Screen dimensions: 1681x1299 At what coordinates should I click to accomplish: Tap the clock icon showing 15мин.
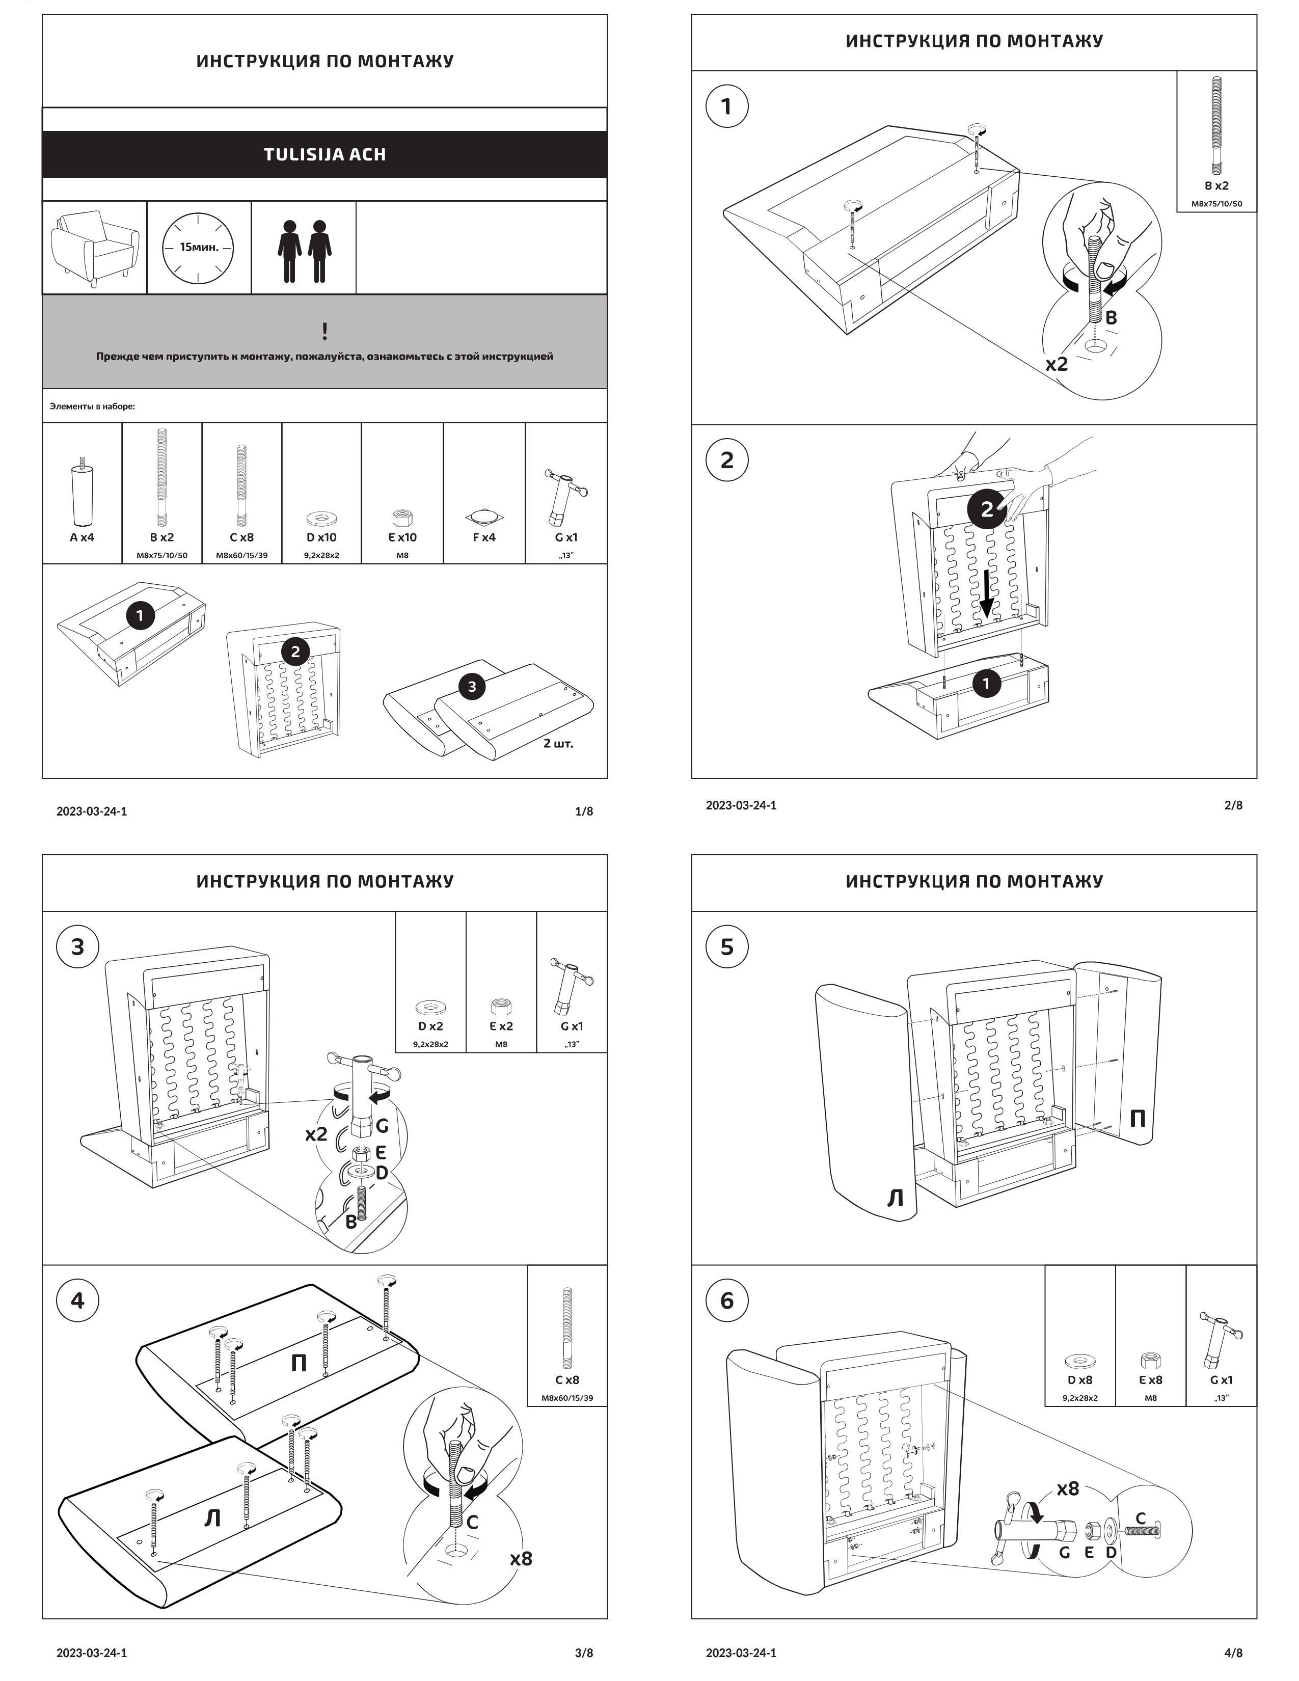tap(199, 247)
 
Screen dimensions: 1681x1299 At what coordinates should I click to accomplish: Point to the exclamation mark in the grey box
tap(325, 332)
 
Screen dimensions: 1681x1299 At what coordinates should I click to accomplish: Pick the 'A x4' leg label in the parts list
tap(83, 537)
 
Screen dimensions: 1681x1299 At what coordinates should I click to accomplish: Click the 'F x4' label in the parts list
tap(484, 537)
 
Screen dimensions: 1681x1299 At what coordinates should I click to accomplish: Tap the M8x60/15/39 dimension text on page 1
tap(241, 555)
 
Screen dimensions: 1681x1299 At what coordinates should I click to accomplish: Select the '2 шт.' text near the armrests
tap(558, 744)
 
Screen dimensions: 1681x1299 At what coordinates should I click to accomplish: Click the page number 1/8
tap(584, 811)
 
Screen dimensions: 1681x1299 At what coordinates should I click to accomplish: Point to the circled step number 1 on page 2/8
tap(726, 106)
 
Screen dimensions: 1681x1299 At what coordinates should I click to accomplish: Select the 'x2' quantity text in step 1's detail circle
tap(1057, 364)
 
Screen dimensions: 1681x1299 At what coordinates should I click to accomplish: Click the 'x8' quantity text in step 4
tap(521, 1559)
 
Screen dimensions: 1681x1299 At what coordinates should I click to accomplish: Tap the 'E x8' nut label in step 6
tap(1150, 1380)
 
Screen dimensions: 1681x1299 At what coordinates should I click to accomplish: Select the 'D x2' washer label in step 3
tap(430, 1026)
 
